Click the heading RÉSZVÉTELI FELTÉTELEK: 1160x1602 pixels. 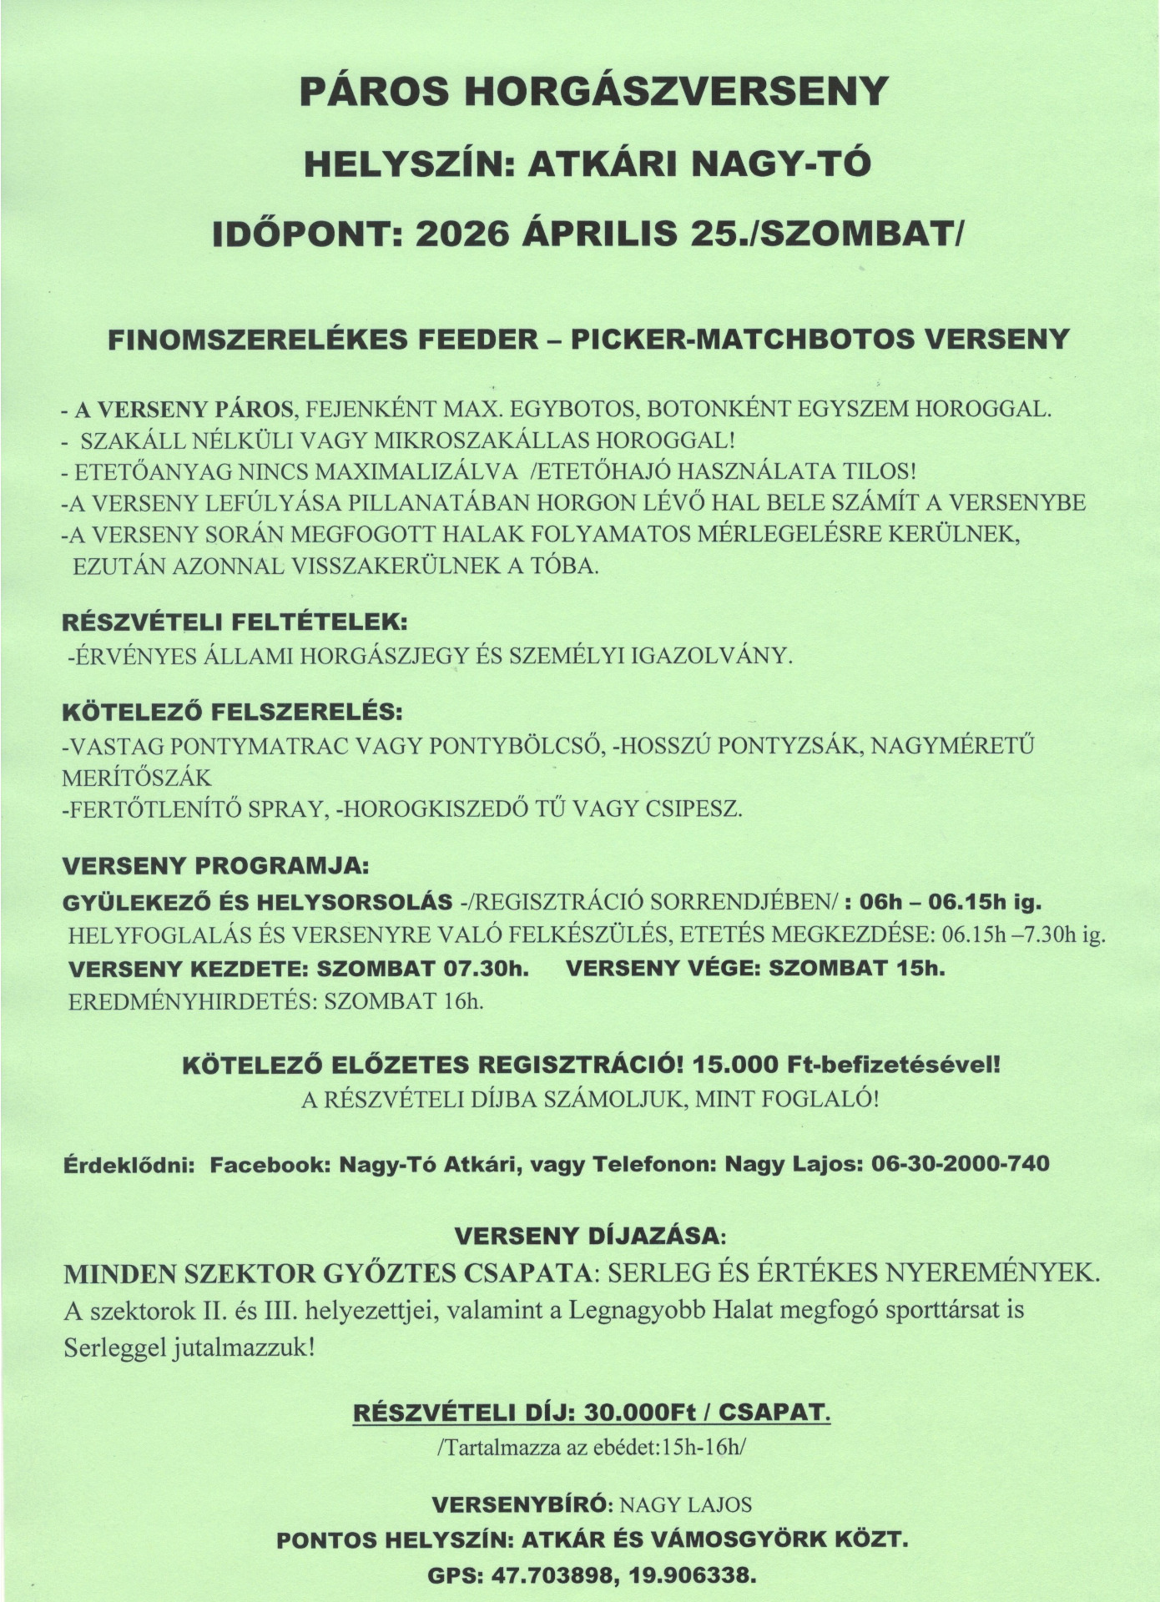[x=235, y=622]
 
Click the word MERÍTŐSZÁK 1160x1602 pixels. [x=137, y=778]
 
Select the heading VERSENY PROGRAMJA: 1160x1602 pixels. [x=215, y=865]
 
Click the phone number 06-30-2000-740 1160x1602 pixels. [x=960, y=1163]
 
